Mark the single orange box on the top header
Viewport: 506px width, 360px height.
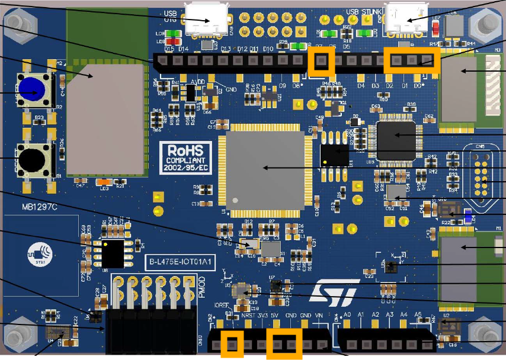(322, 62)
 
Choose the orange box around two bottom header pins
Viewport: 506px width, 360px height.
(284, 344)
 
